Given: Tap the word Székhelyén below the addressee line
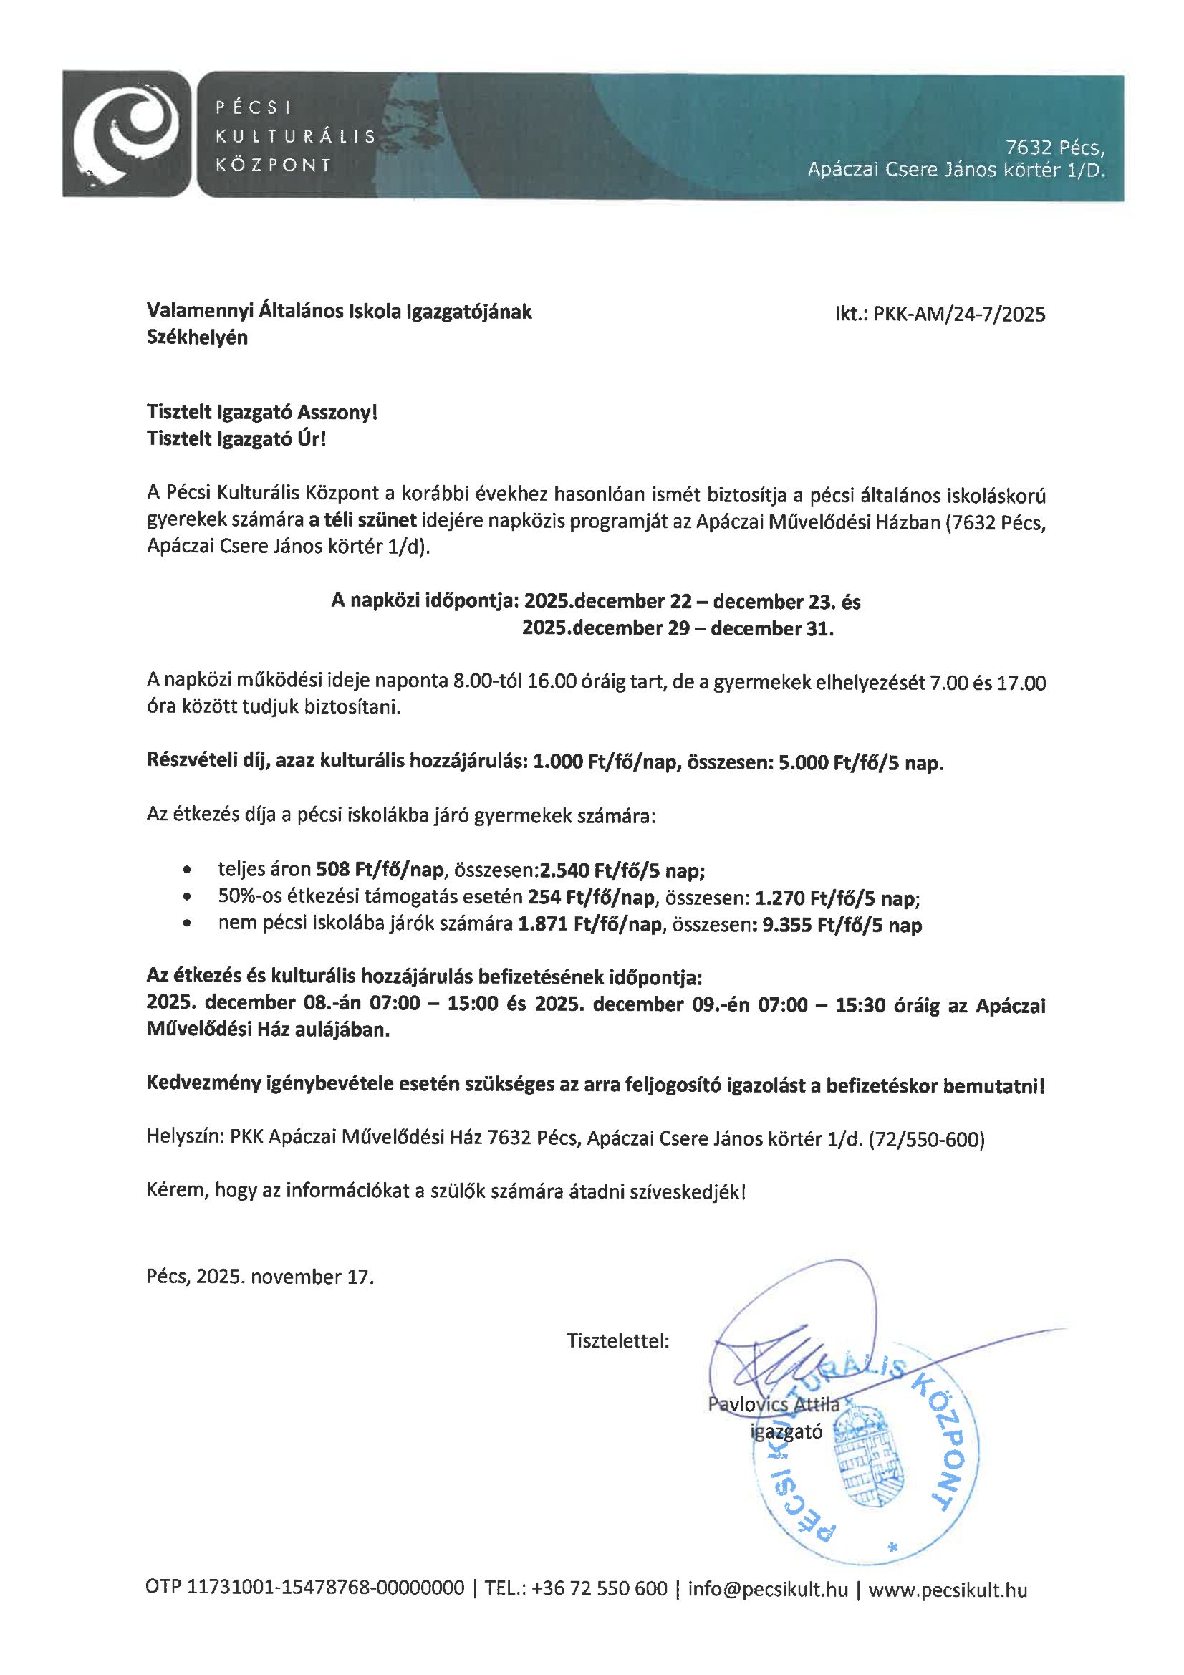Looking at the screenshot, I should [197, 338].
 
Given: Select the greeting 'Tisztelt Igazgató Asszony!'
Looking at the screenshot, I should [263, 413].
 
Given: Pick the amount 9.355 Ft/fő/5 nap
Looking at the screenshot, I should [842, 926].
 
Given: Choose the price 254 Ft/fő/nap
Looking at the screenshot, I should [591, 897].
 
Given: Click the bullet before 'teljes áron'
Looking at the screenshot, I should [189, 870].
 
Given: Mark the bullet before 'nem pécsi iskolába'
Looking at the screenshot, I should [189, 926].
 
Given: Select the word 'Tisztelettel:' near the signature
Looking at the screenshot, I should [618, 1341].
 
